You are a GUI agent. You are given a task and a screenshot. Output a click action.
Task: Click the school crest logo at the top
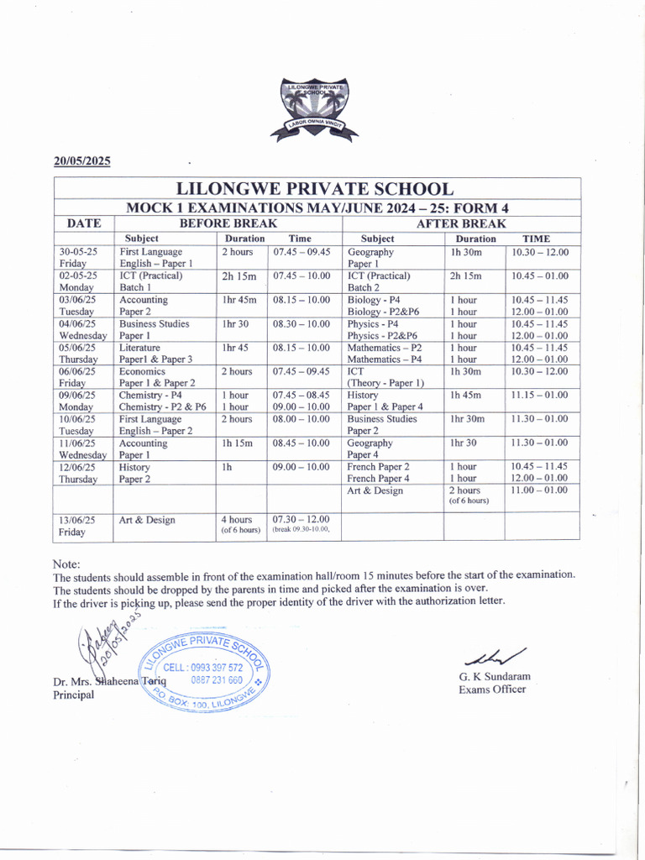[x=314, y=109]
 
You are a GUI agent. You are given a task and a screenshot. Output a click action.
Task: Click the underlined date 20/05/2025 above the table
[x=82, y=161]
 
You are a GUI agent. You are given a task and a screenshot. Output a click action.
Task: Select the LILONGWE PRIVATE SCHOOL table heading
[x=316, y=189]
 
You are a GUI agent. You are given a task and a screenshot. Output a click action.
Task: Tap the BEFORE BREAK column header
[x=228, y=223]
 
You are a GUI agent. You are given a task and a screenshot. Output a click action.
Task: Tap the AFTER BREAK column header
[x=461, y=223]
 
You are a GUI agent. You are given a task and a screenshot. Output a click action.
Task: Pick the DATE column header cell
[x=84, y=223]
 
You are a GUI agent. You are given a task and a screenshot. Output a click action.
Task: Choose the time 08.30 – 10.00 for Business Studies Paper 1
[x=302, y=323]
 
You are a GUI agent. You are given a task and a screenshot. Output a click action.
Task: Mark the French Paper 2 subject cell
[x=379, y=466]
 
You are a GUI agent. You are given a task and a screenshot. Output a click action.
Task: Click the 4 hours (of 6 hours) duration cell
[x=240, y=525]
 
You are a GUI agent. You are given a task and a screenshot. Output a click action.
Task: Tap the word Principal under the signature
[x=74, y=695]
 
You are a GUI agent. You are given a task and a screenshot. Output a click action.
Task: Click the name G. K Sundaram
[x=494, y=676]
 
